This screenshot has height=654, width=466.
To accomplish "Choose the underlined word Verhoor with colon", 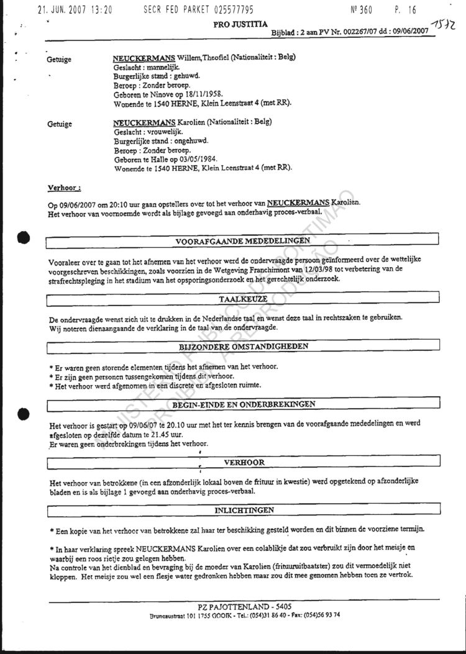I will click(x=65, y=186).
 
